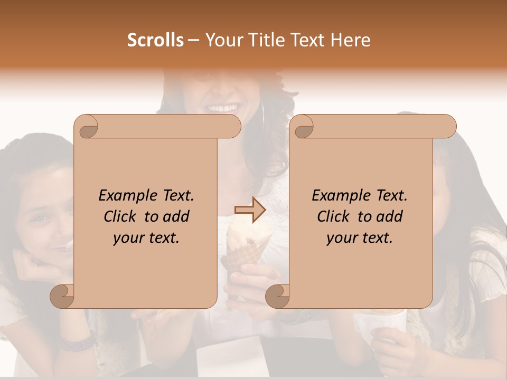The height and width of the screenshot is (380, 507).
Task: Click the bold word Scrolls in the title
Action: pyautogui.click(x=155, y=40)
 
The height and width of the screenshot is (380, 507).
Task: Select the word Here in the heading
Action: pyautogui.click(x=351, y=40)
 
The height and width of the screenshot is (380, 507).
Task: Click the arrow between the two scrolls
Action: pyautogui.click(x=250, y=210)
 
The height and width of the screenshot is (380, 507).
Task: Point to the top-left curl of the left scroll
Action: pyautogui.click(x=86, y=127)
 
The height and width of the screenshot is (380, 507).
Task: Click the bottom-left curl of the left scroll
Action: pyautogui.click(x=62, y=296)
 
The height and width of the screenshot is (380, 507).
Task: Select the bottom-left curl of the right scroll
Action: pyautogui.click(x=278, y=296)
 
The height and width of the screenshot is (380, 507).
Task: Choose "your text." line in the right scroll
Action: pyautogui.click(x=360, y=238)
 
